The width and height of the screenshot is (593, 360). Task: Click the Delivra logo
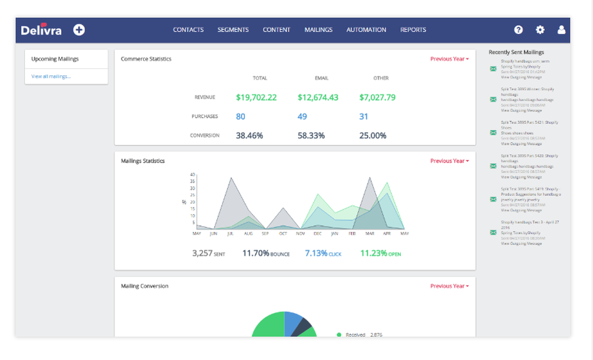(41, 30)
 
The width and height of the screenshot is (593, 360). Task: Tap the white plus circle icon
(79, 30)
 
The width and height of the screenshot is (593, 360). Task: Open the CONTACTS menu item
(188, 30)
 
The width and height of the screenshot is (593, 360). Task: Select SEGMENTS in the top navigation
(233, 30)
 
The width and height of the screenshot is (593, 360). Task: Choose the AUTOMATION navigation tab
(366, 30)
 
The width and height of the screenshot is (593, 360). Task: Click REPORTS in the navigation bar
(413, 30)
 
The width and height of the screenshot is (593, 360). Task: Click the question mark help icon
(518, 30)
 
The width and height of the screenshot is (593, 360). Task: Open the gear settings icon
(540, 30)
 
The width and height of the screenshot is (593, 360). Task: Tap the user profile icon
(562, 30)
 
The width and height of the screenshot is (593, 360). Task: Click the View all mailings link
(51, 77)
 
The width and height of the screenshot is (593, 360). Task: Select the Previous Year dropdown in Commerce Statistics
(449, 59)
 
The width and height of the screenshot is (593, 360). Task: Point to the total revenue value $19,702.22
(256, 97)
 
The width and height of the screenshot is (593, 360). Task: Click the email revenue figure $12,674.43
(318, 97)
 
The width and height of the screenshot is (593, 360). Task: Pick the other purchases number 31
(364, 116)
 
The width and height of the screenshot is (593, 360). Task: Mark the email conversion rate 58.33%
(311, 135)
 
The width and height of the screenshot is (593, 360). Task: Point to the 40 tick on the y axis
(193, 174)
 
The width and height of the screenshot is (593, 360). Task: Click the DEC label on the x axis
(318, 233)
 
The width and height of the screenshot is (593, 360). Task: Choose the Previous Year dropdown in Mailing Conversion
(449, 286)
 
